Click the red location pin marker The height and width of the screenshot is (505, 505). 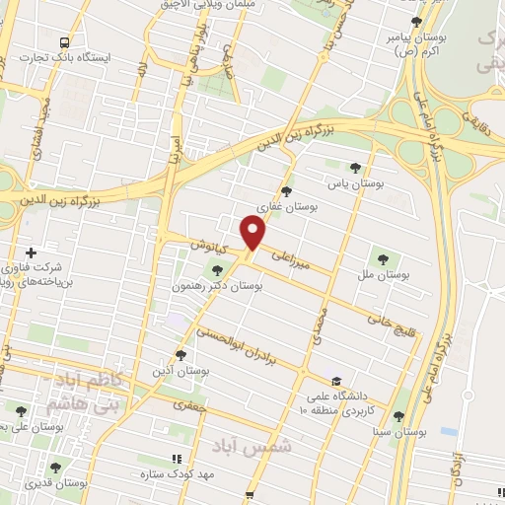[254, 234]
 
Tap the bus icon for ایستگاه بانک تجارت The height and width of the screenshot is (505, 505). [64, 42]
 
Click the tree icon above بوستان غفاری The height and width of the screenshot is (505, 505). [287, 191]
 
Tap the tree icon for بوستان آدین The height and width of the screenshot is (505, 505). [180, 354]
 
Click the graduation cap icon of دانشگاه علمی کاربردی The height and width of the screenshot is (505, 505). [336, 381]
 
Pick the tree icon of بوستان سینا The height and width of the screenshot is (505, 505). [398, 417]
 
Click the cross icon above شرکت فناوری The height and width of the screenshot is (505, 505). [32, 253]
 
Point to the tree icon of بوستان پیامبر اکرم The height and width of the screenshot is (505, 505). [417, 22]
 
